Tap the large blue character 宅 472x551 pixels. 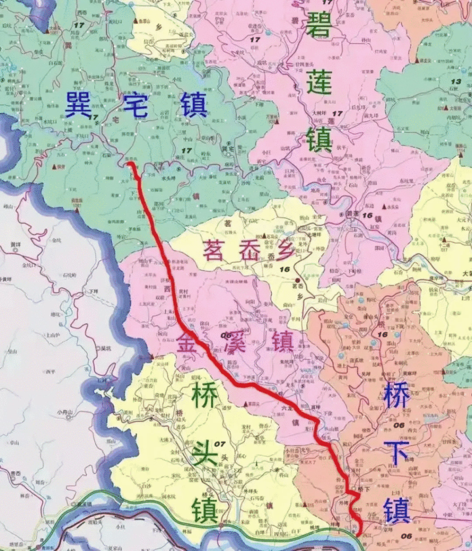point(135,105)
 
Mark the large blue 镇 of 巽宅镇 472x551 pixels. point(192,105)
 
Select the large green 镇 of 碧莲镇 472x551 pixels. point(319,138)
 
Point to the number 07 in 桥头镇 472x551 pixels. point(221,444)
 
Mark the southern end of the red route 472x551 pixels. point(359,533)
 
